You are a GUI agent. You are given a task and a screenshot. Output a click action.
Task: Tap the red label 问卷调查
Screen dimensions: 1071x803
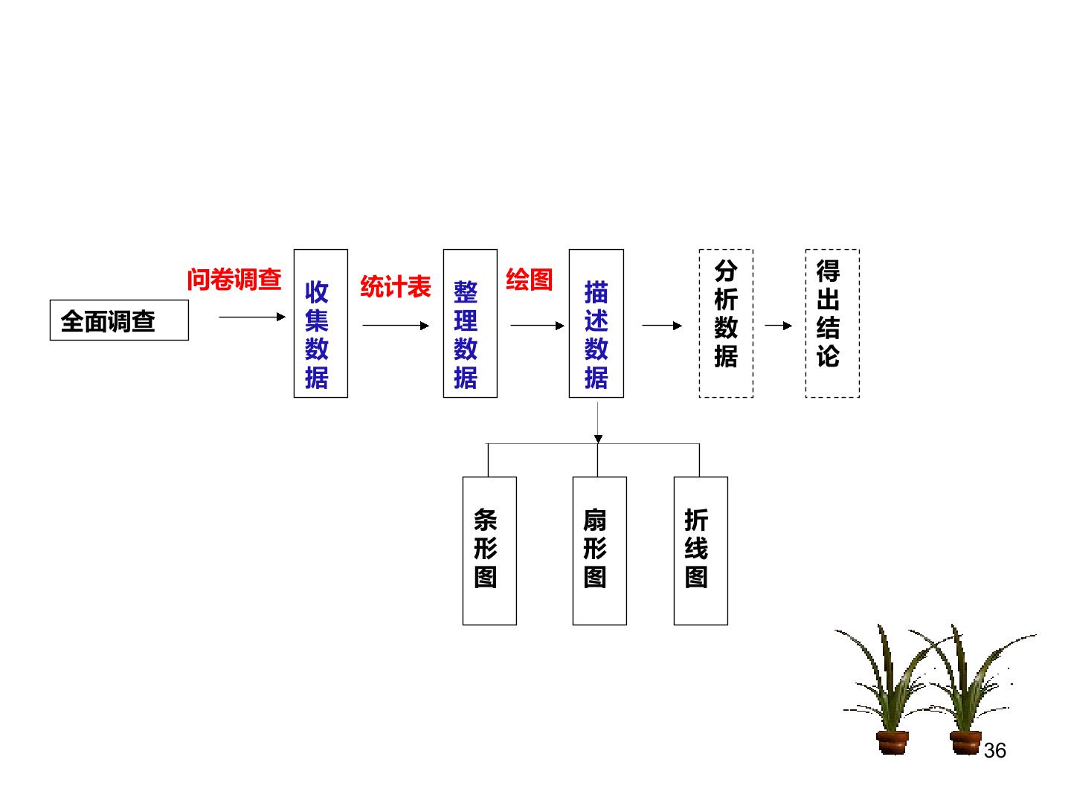[234, 280]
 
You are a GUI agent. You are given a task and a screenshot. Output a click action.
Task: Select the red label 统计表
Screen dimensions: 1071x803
[395, 286]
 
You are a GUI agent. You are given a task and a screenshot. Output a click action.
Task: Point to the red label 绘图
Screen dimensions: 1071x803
[530, 280]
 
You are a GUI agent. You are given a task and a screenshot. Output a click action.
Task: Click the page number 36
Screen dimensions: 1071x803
[995, 750]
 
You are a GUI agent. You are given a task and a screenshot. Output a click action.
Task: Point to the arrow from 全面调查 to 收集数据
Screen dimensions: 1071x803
[252, 317]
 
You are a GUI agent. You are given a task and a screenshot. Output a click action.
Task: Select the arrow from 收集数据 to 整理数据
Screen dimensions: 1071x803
[396, 325]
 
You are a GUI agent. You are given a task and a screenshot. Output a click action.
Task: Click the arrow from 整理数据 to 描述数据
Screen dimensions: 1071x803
[538, 325]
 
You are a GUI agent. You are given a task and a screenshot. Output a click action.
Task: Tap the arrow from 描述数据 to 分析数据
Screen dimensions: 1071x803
[662, 325]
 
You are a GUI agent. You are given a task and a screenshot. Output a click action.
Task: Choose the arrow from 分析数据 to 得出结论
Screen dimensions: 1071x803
[779, 325]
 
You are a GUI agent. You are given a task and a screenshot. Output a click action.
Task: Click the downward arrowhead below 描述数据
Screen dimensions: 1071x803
[598, 439]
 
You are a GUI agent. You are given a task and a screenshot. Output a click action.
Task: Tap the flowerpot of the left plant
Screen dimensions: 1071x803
[892, 743]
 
